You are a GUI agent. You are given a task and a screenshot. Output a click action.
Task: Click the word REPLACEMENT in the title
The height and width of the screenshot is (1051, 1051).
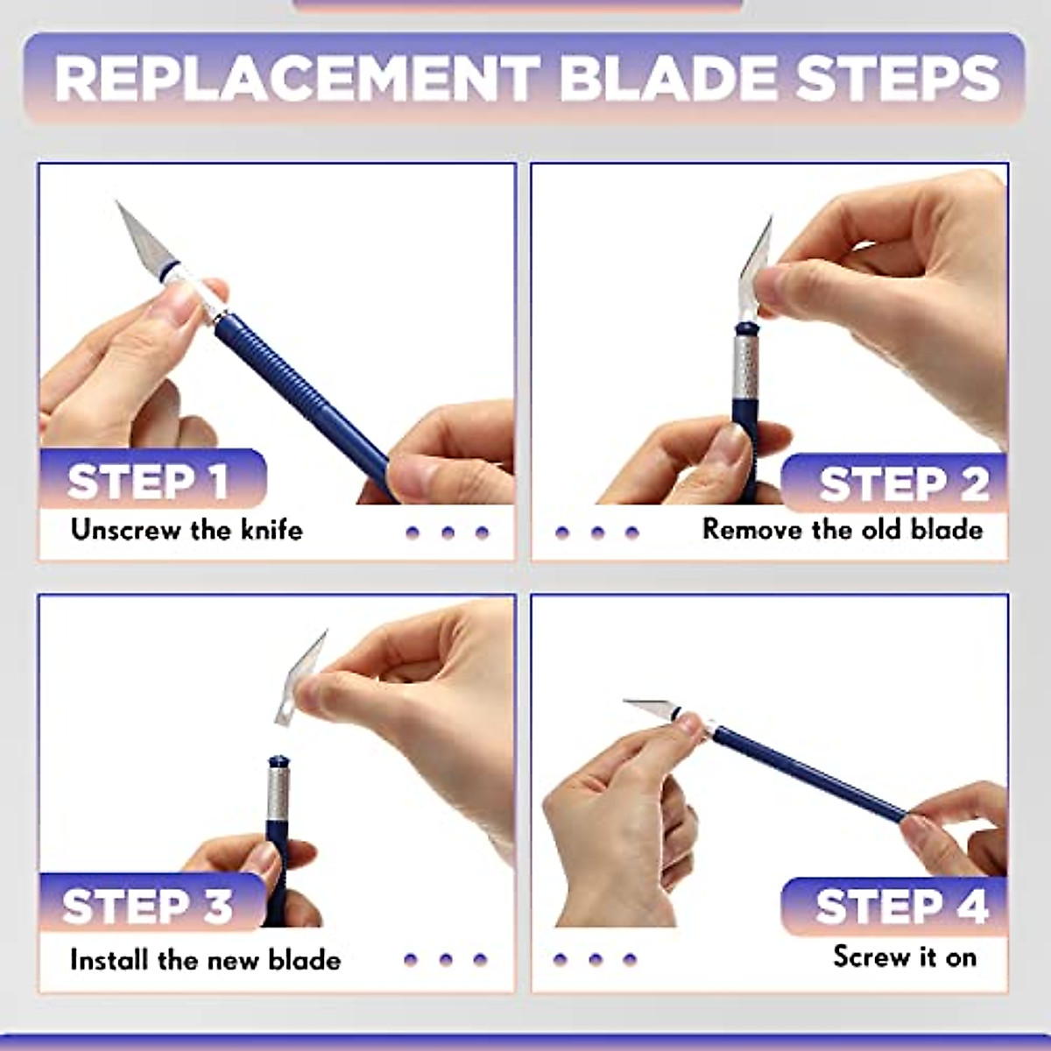tap(297, 78)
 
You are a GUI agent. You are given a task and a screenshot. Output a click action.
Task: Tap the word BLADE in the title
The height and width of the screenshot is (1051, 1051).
tap(667, 78)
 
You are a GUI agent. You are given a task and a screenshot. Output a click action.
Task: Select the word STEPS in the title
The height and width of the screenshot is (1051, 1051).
tap(897, 78)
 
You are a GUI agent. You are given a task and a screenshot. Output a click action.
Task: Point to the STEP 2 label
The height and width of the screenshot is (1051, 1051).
tap(903, 484)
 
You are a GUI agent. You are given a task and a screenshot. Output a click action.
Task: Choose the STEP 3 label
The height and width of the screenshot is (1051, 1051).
tap(147, 906)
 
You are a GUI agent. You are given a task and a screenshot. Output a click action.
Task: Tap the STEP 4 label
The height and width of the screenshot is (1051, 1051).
tap(901, 906)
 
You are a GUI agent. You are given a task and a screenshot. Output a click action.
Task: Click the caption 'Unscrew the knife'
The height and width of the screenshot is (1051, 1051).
tap(187, 530)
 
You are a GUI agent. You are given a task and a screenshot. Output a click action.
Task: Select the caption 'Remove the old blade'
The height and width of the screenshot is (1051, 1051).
tap(843, 529)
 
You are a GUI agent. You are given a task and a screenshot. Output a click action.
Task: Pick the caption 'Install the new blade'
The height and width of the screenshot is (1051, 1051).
tap(205, 960)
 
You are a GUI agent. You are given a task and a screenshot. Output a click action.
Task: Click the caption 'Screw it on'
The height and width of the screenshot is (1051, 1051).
tap(905, 956)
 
